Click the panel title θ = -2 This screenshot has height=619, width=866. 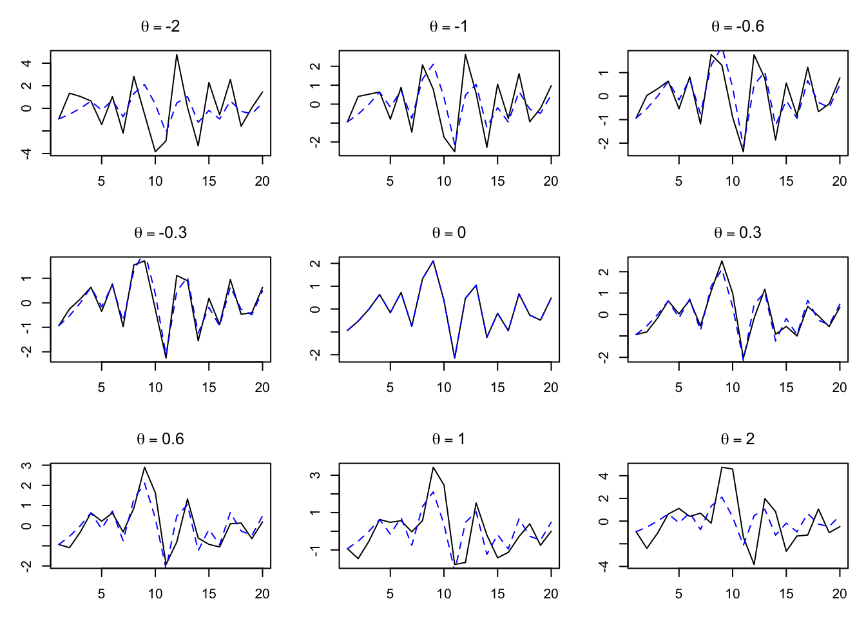[160, 26]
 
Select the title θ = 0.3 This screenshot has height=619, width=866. [737, 233]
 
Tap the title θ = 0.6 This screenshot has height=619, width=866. [160, 439]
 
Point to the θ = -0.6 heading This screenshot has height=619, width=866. [737, 26]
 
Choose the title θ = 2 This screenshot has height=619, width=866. [737, 439]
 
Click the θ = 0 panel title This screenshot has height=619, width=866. [448, 233]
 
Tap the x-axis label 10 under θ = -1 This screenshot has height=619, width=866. [444, 181]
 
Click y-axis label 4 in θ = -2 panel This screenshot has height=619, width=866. [26, 63]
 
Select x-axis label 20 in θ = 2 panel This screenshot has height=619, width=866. [839, 594]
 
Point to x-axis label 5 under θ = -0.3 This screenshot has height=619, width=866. [101, 388]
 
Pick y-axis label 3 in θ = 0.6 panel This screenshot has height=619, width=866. [26, 465]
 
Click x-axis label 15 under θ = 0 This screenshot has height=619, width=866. [497, 388]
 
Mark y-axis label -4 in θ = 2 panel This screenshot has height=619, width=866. [604, 566]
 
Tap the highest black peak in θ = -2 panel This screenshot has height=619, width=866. [177, 55]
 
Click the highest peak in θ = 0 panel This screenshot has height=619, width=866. [433, 260]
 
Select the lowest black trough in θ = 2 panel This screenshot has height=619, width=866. [754, 564]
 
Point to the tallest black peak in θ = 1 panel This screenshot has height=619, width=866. [433, 467]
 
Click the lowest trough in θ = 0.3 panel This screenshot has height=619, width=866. [743, 359]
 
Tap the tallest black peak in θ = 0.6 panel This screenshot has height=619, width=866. [144, 467]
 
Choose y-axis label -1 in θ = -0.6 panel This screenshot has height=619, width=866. [604, 120]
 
